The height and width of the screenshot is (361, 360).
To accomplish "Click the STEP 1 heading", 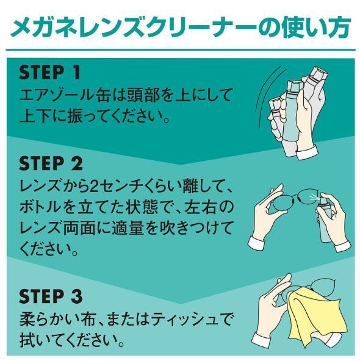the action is point(49,73).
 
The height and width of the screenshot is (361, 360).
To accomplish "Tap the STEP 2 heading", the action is point(51,163).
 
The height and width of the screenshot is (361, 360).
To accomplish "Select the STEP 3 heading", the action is point(51,296).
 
